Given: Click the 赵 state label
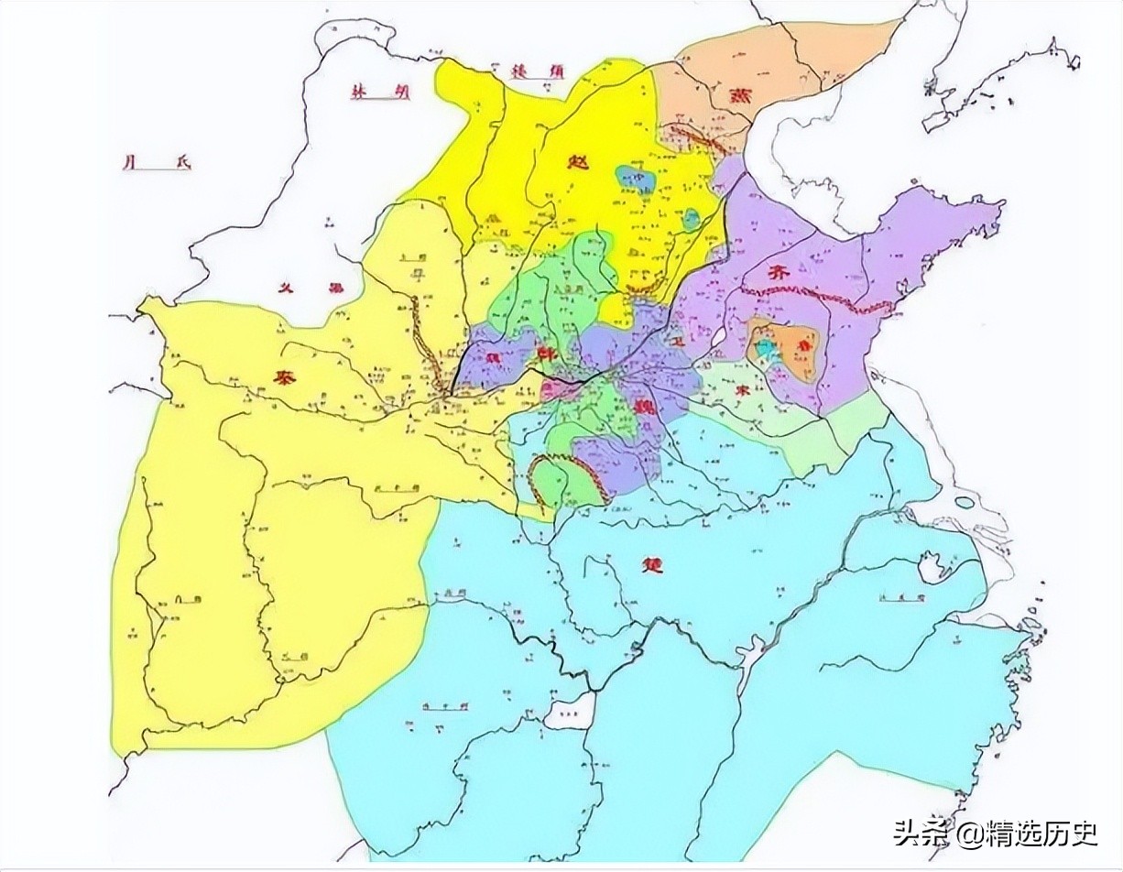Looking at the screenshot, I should [578, 162].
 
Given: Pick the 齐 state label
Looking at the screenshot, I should [779, 272].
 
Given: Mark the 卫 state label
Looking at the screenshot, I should [678, 340].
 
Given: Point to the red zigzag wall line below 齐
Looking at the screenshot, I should [806, 299].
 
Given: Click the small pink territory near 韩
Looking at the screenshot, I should [555, 391].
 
